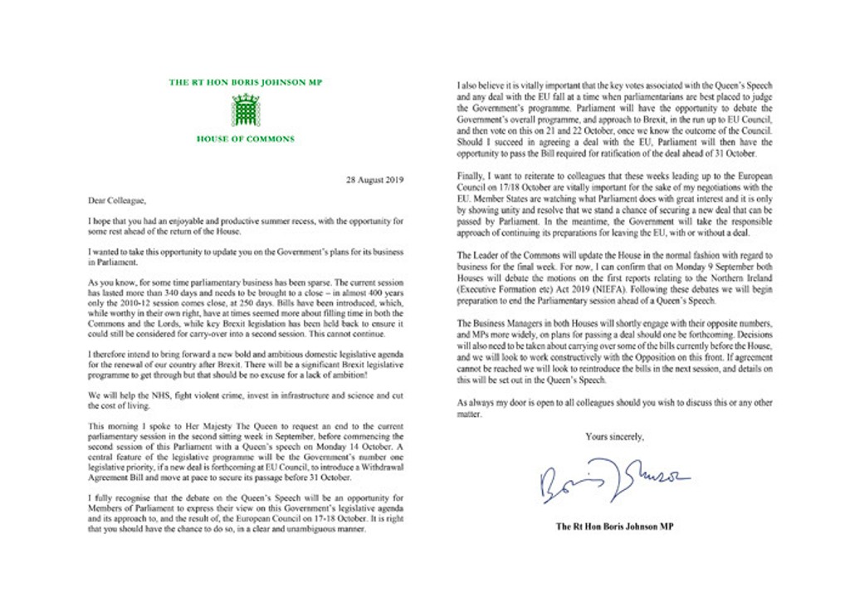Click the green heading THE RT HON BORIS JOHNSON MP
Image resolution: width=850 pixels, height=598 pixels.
(x=245, y=82)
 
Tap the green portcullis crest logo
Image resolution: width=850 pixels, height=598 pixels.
(x=245, y=110)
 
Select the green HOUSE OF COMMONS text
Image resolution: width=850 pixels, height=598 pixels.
(x=245, y=139)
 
